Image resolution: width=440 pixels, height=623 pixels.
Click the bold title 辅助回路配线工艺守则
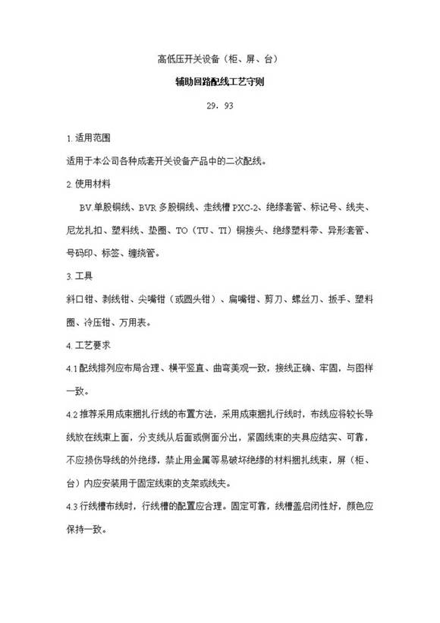pyautogui.click(x=219, y=81)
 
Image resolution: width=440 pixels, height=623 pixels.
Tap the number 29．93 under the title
pyautogui.click(x=219, y=106)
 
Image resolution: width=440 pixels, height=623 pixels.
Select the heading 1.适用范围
pyautogui.click(x=89, y=138)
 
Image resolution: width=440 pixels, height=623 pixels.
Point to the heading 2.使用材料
pyautogui.click(x=89, y=183)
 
